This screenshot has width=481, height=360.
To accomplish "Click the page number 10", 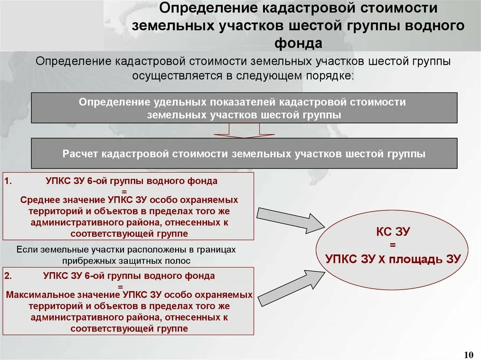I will (x=468, y=353).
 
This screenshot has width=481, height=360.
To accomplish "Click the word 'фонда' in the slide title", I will (x=299, y=43).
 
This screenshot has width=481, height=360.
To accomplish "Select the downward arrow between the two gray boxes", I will (x=244, y=131).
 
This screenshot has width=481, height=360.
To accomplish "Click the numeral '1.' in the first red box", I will (x=10, y=180).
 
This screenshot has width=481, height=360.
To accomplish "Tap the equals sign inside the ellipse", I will (x=392, y=245).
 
